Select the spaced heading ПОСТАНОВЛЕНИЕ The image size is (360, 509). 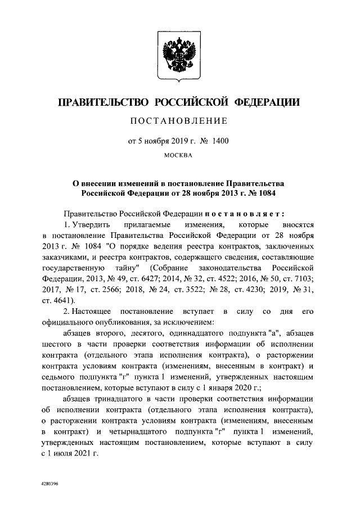pos(179,120)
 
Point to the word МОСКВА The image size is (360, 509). pos(179,155)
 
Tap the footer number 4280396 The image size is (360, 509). pos(50,483)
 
